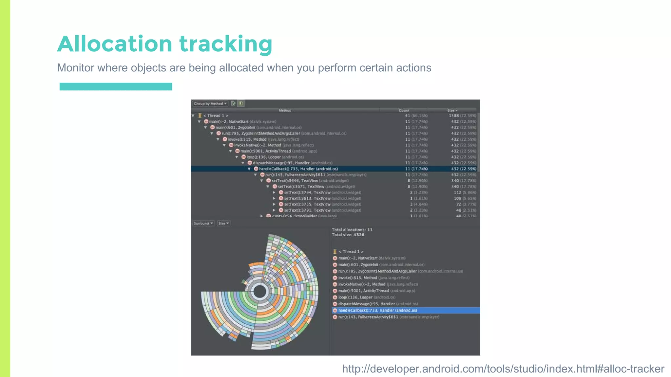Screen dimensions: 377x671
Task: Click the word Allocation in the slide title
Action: pos(115,44)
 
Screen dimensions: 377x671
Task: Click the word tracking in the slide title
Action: pos(226,44)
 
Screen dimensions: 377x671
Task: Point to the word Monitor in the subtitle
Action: pos(75,68)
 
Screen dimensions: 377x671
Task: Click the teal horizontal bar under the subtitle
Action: pos(116,86)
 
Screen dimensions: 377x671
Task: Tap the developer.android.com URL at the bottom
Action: pos(503,369)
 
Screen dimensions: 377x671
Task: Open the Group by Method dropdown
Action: pos(210,104)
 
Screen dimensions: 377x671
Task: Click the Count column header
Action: pos(404,111)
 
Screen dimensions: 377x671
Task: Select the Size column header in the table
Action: pos(451,111)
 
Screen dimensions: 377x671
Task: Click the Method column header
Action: pos(285,111)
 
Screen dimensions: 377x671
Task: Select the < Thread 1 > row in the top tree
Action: pos(216,116)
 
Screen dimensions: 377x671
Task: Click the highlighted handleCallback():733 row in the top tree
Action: pos(298,169)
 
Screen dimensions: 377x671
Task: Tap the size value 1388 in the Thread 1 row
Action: pos(454,116)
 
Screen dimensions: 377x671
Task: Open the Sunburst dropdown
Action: pos(203,224)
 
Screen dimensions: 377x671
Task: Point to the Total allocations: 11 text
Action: pos(352,230)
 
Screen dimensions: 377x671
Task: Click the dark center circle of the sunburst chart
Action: pos(260,291)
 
